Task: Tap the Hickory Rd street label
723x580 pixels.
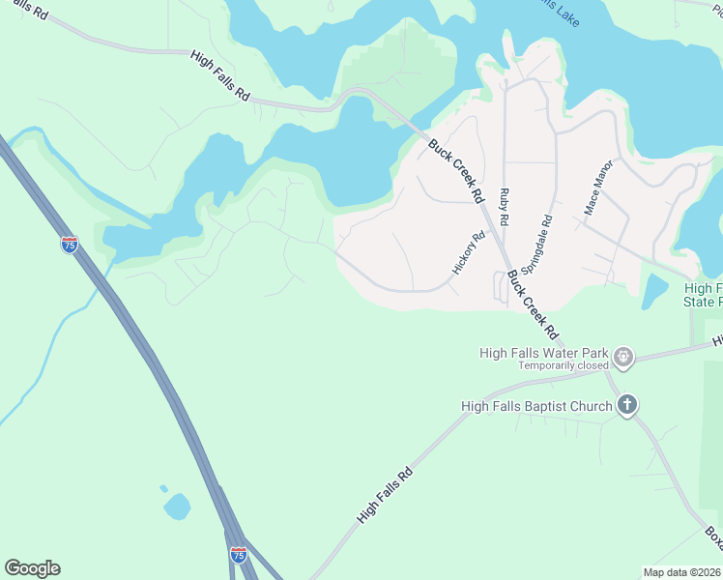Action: coord(469,251)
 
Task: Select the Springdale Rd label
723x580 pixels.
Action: coord(535,243)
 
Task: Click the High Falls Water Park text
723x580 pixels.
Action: coord(545,353)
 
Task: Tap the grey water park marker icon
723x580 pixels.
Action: coord(623,358)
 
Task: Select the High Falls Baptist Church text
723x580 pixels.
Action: coord(536,406)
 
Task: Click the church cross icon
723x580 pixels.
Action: coord(626,405)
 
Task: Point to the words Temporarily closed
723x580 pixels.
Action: coord(563,366)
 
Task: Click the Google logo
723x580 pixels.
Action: coord(32,568)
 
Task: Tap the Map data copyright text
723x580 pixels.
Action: coord(682,572)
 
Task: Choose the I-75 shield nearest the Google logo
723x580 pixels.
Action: coord(238,555)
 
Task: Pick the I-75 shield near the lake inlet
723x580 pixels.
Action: coord(69,245)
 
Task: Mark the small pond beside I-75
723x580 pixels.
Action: coord(177,506)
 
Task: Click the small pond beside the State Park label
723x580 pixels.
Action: coord(654,290)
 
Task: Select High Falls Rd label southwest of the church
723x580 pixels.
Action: coord(385,496)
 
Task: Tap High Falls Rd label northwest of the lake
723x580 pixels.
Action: coord(220,77)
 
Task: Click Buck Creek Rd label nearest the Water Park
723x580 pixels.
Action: coord(533,304)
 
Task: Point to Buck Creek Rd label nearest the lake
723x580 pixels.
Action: coord(455,170)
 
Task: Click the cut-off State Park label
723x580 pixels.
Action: coord(703,295)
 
